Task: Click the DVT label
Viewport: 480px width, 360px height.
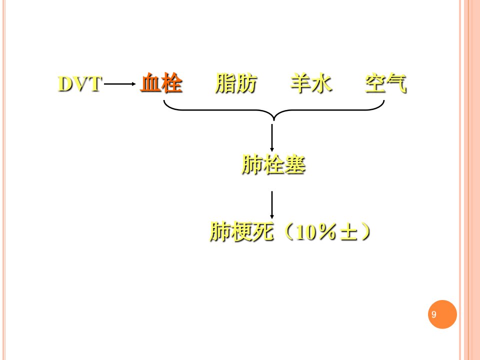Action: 79,83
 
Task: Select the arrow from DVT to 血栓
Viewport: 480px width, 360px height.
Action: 119,84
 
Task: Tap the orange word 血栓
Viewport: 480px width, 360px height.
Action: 161,82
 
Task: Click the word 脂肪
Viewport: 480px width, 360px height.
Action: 235,82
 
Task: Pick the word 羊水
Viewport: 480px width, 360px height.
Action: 311,82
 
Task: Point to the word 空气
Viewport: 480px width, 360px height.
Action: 385,82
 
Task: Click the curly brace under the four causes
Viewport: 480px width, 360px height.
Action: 273,110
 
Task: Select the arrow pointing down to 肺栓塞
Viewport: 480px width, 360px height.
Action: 272,137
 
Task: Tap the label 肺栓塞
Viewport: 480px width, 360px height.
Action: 273,164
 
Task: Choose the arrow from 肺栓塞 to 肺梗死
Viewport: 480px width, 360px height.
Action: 272,205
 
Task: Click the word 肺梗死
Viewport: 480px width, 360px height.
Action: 241,231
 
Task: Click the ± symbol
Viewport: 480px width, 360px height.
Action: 348,232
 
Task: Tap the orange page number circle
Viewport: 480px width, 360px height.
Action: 442,314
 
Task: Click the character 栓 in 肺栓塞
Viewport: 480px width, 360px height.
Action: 273,164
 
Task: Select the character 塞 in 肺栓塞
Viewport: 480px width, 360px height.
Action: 295,164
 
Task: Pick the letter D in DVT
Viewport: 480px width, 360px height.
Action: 65,83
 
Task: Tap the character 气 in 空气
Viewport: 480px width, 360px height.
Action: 396,82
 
